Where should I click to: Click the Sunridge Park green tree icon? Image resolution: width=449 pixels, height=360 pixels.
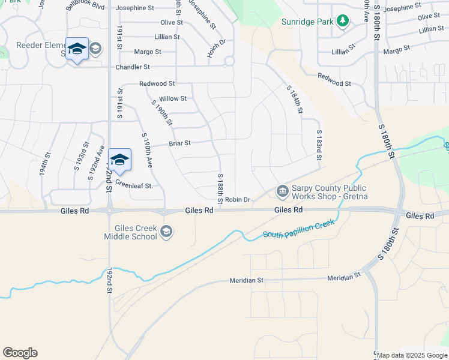click(x=343, y=22)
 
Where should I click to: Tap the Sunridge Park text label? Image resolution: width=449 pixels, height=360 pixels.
click(x=307, y=22)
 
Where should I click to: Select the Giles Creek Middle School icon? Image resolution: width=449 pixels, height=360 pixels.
click(x=166, y=232)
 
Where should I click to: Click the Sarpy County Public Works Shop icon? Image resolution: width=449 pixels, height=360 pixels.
click(x=282, y=191)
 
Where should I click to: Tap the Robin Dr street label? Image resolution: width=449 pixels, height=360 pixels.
click(x=237, y=199)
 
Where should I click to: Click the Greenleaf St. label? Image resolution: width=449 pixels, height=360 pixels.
click(x=134, y=185)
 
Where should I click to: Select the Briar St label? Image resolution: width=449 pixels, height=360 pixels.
click(x=179, y=143)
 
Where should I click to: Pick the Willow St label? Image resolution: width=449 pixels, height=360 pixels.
click(x=173, y=98)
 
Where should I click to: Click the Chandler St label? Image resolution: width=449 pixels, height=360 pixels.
click(x=132, y=67)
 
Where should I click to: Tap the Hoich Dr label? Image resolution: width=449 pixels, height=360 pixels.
click(x=216, y=48)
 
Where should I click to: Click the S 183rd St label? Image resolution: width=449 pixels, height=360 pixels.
click(x=319, y=145)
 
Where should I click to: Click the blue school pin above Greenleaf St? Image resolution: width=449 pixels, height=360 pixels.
click(x=120, y=160)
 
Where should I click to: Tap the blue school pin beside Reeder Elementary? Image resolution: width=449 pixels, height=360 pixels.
click(x=77, y=49)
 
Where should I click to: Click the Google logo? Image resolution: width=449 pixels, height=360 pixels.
click(x=20, y=353)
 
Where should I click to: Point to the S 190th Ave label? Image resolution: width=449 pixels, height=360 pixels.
click(x=147, y=149)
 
